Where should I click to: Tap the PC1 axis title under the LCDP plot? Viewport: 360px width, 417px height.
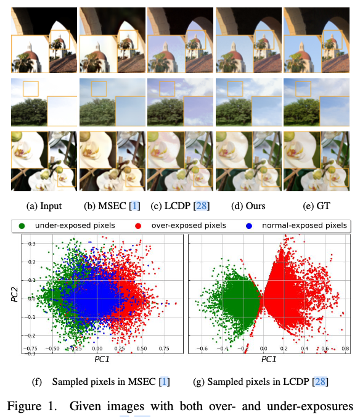269,358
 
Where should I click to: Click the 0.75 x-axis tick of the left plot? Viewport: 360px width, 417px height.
164,349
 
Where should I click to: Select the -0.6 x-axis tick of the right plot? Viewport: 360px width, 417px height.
202,349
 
